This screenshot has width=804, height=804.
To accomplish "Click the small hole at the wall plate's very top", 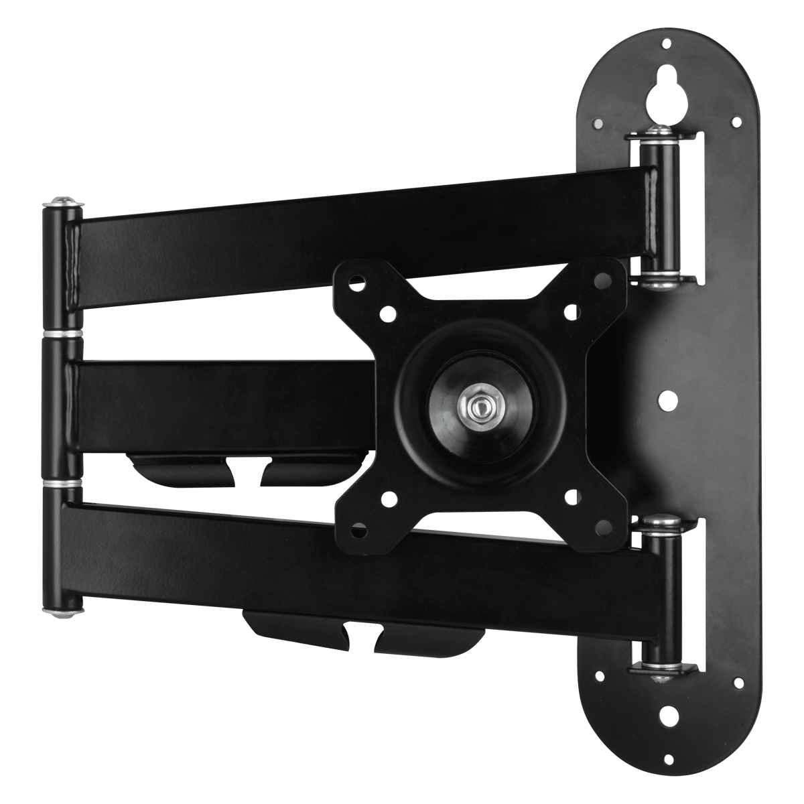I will pos(667,44).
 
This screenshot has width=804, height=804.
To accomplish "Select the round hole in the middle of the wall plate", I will pos(667,401).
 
